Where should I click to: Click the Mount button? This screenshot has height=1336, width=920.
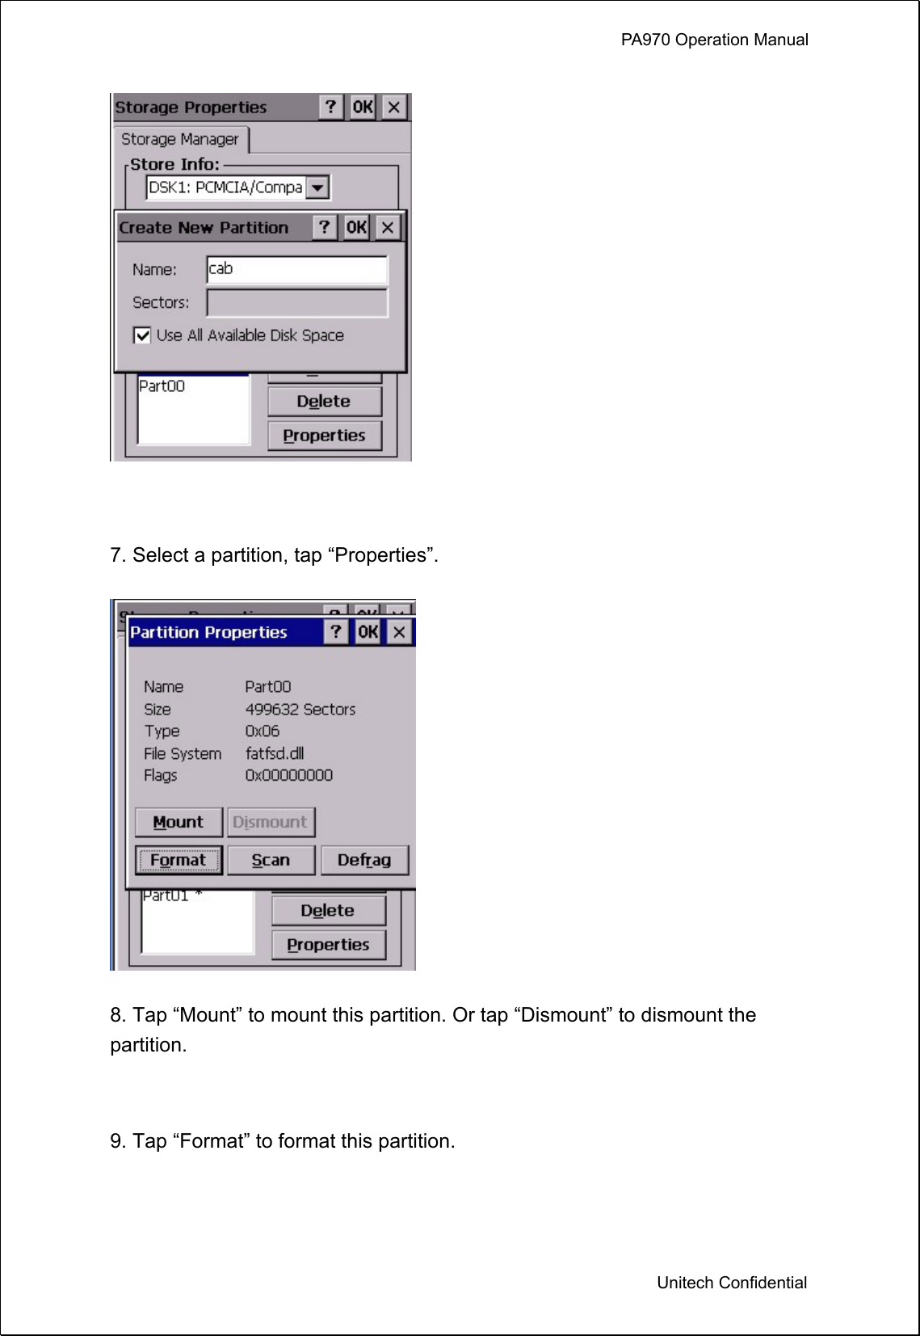(x=179, y=822)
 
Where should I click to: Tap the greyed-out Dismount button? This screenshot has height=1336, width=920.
(x=271, y=822)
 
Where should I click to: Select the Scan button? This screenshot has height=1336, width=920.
(x=271, y=860)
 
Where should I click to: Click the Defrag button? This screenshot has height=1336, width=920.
(x=364, y=860)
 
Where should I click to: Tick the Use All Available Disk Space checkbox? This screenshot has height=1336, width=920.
(x=142, y=335)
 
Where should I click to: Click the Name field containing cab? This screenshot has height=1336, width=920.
(x=296, y=269)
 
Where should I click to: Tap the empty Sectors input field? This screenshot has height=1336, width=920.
(x=296, y=303)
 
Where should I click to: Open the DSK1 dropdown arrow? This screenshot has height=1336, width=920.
(x=318, y=188)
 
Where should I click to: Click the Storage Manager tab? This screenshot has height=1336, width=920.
(x=180, y=139)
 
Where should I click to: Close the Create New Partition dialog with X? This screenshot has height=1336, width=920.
(x=388, y=228)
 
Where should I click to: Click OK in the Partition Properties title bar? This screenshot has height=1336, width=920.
(x=368, y=632)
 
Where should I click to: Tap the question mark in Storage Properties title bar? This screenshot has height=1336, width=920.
(x=330, y=107)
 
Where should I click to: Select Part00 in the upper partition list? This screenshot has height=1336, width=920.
(x=162, y=386)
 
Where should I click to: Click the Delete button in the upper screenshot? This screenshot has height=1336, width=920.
(x=324, y=402)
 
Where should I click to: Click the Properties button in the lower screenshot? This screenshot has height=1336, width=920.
(x=328, y=945)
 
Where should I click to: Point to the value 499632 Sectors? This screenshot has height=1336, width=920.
(x=300, y=709)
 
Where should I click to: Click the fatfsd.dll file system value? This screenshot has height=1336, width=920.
(x=275, y=753)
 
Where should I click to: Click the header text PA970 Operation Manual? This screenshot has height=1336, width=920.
(x=714, y=40)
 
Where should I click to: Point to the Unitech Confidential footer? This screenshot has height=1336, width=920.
(x=731, y=1283)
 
